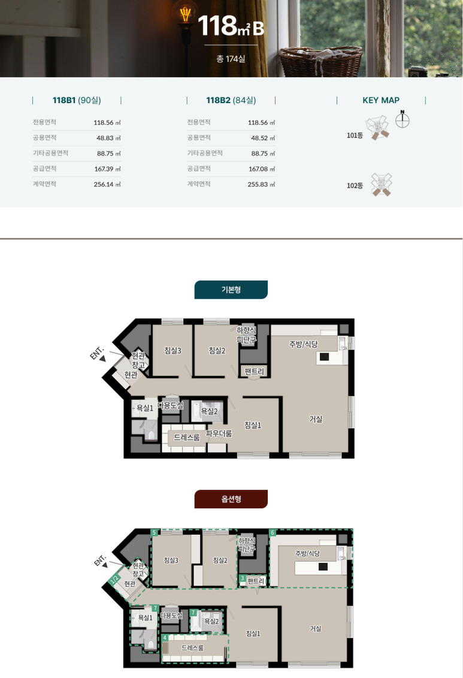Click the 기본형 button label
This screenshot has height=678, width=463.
pyautogui.click(x=231, y=290)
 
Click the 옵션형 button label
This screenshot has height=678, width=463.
pyautogui.click(x=231, y=499)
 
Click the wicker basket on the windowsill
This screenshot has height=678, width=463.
pyautogui.click(x=320, y=61)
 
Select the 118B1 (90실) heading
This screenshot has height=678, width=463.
pyautogui.click(x=77, y=100)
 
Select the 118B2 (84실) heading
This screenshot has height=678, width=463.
pyautogui.click(x=231, y=100)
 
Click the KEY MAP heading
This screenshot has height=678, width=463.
pyautogui.click(x=381, y=100)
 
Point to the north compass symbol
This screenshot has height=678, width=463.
pyautogui.click(x=402, y=119)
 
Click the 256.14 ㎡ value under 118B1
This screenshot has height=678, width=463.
pyautogui.click(x=107, y=184)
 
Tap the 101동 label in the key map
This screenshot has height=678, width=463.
pyautogui.click(x=355, y=135)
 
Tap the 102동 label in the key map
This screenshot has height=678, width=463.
pyautogui.click(x=355, y=185)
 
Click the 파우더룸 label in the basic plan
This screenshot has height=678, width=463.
pyautogui.click(x=219, y=433)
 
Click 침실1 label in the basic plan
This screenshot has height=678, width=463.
pyautogui.click(x=253, y=425)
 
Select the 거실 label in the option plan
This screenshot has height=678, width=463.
pyautogui.click(x=315, y=628)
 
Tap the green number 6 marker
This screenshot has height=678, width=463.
pyautogui.click(x=273, y=533)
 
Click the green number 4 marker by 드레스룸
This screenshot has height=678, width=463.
pyautogui.click(x=165, y=638)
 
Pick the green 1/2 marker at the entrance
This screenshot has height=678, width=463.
pyautogui.click(x=114, y=580)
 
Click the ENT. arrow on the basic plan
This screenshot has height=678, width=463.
pyautogui.click(x=103, y=358)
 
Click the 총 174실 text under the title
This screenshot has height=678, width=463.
pyautogui.click(x=231, y=59)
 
